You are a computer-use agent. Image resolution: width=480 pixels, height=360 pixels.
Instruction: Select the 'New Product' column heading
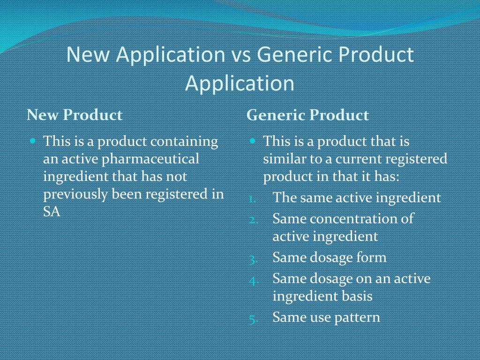75,115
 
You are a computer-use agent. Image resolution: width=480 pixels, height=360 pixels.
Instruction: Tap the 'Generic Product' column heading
307,115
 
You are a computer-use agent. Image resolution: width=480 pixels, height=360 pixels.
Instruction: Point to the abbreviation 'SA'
52,212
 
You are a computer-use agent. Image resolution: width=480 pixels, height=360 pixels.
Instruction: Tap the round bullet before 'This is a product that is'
253,141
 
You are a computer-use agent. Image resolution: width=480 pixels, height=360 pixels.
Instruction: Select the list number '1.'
252,198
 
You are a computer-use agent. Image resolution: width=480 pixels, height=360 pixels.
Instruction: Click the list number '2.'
253,219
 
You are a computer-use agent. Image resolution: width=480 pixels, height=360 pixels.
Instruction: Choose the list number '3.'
253,258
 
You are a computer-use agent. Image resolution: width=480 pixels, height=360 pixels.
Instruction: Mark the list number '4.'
254,280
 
